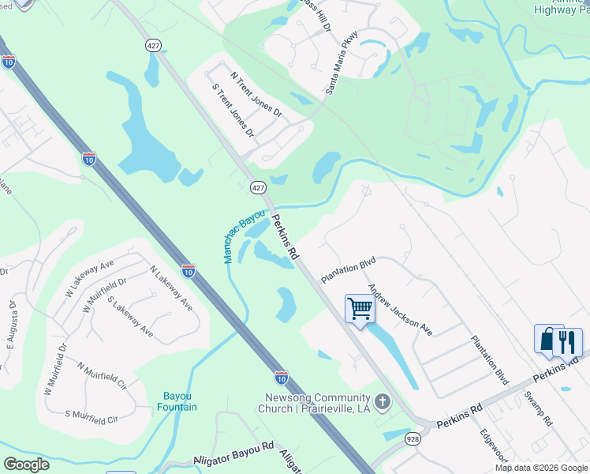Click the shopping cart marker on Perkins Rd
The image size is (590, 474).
coord(360,308)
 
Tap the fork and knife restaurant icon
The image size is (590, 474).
coord(569,341)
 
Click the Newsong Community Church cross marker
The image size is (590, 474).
coord(383,403)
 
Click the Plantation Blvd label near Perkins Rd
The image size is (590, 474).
coord(348,269)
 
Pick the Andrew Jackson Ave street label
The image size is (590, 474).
coord(400,310)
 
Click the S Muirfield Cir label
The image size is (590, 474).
coord(91,417)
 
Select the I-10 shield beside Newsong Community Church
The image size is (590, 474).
coord(281,378)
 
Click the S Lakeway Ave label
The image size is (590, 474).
coord(130,317)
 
